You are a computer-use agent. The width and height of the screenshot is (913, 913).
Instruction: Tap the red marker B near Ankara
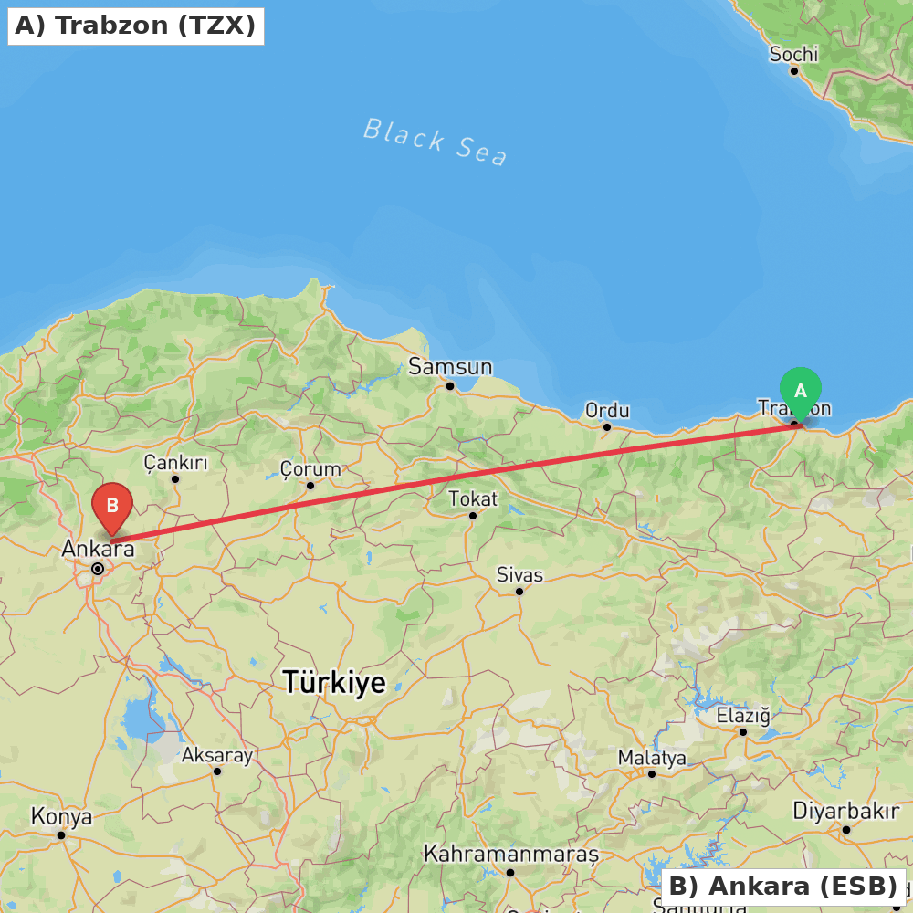click(112, 506)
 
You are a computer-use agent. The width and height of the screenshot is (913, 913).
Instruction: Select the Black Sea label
click(435, 142)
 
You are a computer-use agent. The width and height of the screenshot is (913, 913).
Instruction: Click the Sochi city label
click(793, 55)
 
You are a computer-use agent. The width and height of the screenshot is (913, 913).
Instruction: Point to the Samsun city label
click(450, 367)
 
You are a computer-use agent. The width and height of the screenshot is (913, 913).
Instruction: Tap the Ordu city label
click(607, 411)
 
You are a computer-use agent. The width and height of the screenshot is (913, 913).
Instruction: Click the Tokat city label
click(473, 499)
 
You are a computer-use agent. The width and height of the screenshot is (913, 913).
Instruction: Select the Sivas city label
click(519, 575)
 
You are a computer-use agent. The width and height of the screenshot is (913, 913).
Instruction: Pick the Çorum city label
click(310, 469)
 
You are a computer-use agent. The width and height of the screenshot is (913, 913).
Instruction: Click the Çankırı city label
click(175, 463)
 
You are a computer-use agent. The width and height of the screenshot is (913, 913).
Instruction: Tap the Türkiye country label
click(334, 682)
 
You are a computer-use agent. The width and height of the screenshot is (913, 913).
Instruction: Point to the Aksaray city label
click(216, 755)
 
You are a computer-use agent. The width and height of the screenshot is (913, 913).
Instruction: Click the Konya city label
click(61, 816)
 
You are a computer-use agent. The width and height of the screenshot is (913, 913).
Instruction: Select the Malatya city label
click(652, 758)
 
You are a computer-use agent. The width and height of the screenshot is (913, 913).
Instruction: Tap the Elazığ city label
click(743, 716)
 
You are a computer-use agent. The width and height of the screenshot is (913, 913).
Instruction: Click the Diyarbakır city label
click(845, 811)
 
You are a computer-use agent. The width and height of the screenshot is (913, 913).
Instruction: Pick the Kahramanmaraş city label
click(510, 855)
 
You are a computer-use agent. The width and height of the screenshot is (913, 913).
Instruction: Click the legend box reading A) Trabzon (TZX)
click(135, 26)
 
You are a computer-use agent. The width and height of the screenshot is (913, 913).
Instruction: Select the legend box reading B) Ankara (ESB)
click(782, 887)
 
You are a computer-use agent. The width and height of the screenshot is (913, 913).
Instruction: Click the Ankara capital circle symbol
click(98, 569)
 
